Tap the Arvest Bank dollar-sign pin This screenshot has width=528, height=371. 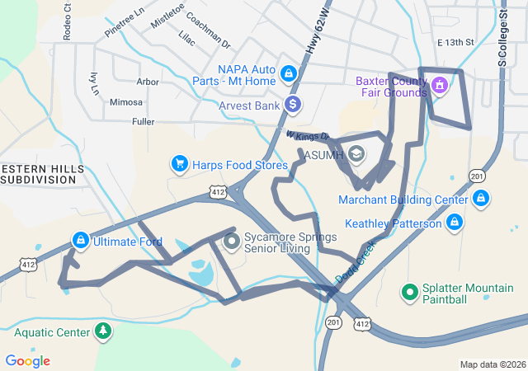[292, 105]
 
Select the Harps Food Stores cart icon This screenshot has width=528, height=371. [179, 164]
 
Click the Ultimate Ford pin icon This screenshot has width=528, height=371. [80, 241]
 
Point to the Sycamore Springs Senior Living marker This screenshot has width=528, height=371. [232, 242]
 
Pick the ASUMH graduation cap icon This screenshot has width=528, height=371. [356, 154]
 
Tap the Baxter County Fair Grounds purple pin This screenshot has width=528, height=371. [439, 84]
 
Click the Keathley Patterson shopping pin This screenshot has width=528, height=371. [455, 223]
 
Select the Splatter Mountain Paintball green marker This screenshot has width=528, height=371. [409, 292]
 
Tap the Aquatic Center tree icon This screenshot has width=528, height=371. [102, 331]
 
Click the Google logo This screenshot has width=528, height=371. [27, 361]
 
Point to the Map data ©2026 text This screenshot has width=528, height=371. [492, 364]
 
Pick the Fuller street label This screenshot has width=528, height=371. [143, 121]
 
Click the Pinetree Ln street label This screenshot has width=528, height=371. [124, 24]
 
